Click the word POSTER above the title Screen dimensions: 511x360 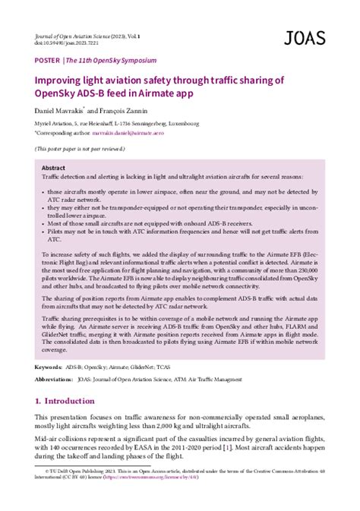47,59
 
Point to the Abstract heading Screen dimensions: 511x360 54,168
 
